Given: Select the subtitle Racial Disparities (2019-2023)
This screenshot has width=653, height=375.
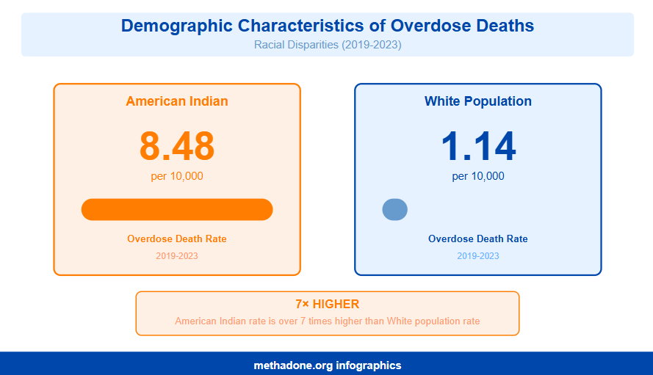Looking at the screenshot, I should coord(327,45).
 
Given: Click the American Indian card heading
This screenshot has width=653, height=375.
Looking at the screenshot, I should coord(177,101).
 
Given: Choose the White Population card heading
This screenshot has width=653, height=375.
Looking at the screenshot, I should coord(477,101).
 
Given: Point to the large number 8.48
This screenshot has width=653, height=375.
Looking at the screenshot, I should coord(177,146).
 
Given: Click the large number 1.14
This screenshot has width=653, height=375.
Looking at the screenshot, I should coord(477,146).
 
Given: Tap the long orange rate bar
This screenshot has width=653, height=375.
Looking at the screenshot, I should coord(177,209).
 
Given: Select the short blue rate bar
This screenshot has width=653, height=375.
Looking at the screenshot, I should coord(394,209).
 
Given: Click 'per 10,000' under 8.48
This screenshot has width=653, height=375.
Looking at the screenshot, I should coord(177,176).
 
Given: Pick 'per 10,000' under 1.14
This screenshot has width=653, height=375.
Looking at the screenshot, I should coord(477,176).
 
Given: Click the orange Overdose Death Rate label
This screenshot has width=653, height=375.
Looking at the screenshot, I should coord(177,239).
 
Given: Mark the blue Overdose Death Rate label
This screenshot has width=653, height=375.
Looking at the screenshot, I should coord(477,239).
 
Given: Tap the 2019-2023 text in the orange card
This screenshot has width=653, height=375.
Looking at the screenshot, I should coord(177,256).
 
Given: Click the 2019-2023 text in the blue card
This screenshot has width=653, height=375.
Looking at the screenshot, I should coord(477,256).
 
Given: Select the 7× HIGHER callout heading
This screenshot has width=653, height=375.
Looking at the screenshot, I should coord(327,304).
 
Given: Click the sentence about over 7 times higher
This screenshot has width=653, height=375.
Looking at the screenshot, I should coord(327,321).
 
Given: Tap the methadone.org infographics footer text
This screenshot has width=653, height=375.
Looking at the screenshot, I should coord(327,365).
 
